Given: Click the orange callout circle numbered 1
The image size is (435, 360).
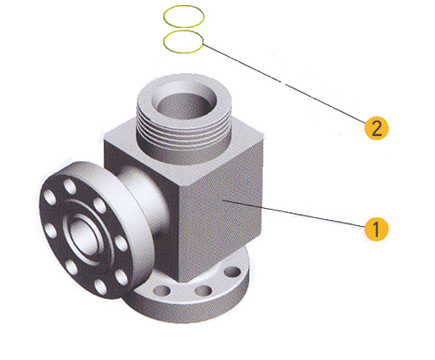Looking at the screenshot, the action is point(376,229).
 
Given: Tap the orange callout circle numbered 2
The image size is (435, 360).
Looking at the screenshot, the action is point(376,128).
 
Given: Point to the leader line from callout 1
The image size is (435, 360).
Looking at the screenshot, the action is point(294,214).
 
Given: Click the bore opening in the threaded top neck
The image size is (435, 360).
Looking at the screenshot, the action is point(184,105).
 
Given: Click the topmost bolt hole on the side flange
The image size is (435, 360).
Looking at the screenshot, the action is point(70,187).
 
